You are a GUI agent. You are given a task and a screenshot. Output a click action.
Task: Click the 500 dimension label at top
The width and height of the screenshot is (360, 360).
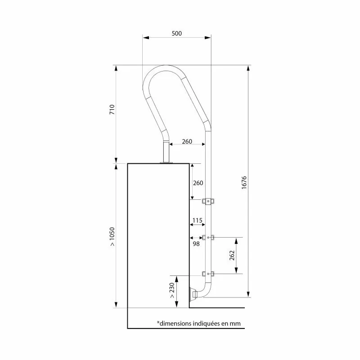[176, 33]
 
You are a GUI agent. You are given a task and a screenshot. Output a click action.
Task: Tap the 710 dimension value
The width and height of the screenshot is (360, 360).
[112, 109]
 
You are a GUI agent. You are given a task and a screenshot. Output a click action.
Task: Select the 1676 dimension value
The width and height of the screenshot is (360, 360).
[244, 183]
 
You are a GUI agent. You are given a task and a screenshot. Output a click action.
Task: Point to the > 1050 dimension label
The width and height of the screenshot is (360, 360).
[112, 237]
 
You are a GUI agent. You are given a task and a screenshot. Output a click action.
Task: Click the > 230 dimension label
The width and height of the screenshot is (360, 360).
[172, 290]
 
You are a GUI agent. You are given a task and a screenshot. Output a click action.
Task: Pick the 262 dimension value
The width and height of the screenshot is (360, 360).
[232, 255]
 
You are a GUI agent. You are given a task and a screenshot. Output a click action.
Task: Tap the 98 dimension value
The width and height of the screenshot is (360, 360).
[196, 244]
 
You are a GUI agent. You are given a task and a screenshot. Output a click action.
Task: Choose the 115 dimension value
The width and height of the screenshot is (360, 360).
[197, 220]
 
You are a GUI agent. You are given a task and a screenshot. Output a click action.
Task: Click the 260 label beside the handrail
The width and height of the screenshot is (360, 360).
[187, 141]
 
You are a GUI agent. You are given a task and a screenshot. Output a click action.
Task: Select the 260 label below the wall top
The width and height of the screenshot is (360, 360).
[198, 183]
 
